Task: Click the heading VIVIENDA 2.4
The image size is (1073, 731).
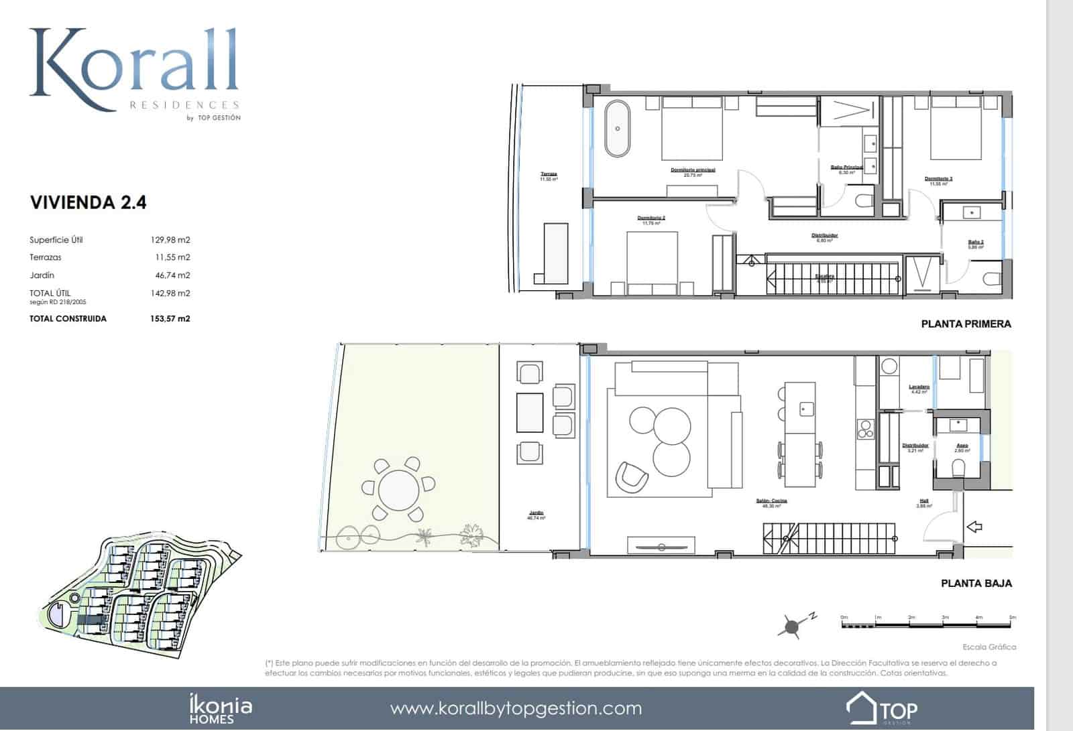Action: point(88,202)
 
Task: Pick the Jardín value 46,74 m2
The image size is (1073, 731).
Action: point(172,275)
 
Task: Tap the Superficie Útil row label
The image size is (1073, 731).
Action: point(56,240)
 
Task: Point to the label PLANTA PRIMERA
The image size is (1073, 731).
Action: point(966,324)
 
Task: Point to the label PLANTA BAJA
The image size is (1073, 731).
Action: point(976,584)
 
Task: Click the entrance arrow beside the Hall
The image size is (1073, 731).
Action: point(974,527)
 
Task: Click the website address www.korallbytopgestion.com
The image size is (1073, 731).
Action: point(516,709)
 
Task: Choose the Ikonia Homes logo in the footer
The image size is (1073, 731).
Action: point(219,710)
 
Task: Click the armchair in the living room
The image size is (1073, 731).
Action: point(632,475)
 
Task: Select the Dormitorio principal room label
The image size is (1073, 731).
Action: point(693,170)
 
